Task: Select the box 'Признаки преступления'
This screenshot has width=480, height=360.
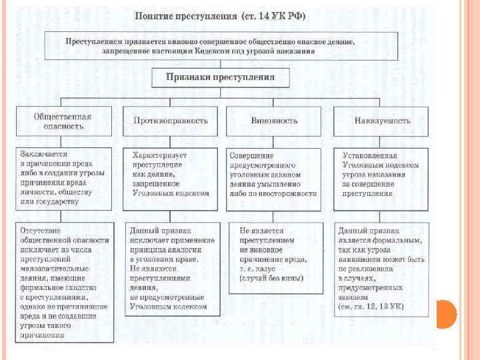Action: point(220,77)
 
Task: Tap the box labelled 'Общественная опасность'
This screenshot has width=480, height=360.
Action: point(63,121)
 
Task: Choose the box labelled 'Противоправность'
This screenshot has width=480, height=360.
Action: point(171,121)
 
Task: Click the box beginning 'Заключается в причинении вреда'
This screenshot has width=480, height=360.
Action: point(64,177)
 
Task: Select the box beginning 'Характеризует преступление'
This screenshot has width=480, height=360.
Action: point(171,174)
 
